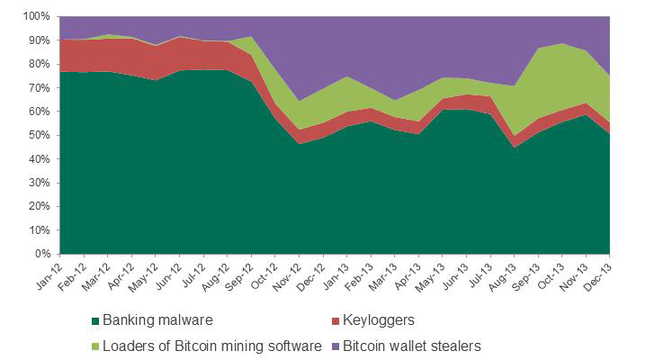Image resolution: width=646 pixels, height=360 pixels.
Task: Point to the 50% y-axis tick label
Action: pos(39,135)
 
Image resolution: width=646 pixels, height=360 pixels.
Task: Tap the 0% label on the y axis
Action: pos(41,254)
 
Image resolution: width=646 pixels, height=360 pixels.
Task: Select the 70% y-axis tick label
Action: pos(39,87)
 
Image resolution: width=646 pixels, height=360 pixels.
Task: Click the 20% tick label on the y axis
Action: pos(39,206)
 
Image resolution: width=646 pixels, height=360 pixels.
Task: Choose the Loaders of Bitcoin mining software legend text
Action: pos(212,345)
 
